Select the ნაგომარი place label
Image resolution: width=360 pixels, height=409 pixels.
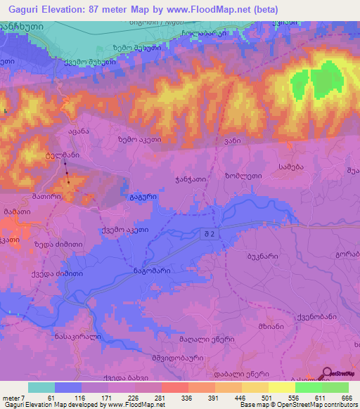147,269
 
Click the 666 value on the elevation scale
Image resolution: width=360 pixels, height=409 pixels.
345,398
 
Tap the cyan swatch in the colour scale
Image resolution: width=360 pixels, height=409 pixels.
41,387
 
